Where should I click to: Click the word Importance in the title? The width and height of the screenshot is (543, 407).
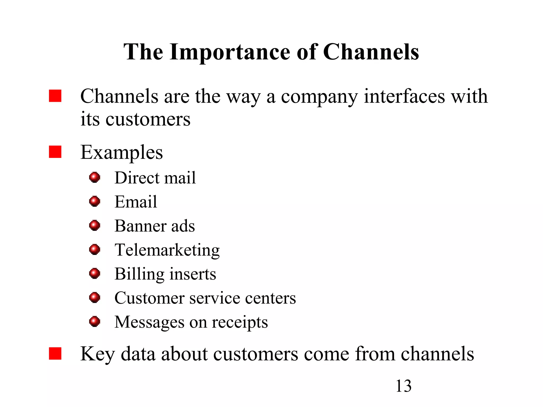pyautogui.click(x=230, y=52)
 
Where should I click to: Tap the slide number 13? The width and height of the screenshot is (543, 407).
pyautogui.click(x=403, y=386)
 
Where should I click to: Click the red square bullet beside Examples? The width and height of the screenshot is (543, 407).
pyautogui.click(x=55, y=152)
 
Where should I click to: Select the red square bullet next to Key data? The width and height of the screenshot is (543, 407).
pyautogui.click(x=55, y=353)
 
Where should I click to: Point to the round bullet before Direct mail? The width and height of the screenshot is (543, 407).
pyautogui.click(x=95, y=177)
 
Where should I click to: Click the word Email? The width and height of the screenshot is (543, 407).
pyautogui.click(x=136, y=202)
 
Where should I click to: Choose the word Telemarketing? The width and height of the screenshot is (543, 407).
pyautogui.click(x=167, y=250)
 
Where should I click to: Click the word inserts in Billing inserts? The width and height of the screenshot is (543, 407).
pyautogui.click(x=193, y=274)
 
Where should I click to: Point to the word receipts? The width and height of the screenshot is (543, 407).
pyautogui.click(x=240, y=322)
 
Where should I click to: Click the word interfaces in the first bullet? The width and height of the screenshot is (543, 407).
pyautogui.click(x=404, y=96)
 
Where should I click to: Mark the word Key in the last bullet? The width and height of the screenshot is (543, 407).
pyautogui.click(x=97, y=354)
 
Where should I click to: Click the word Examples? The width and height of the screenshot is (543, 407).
pyautogui.click(x=121, y=152)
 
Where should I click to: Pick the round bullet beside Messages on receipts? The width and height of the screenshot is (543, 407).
pyautogui.click(x=95, y=322)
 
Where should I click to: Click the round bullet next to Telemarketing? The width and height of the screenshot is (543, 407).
pyautogui.click(x=95, y=249)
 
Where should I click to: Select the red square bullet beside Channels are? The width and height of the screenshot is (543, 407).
pyautogui.click(x=55, y=96)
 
